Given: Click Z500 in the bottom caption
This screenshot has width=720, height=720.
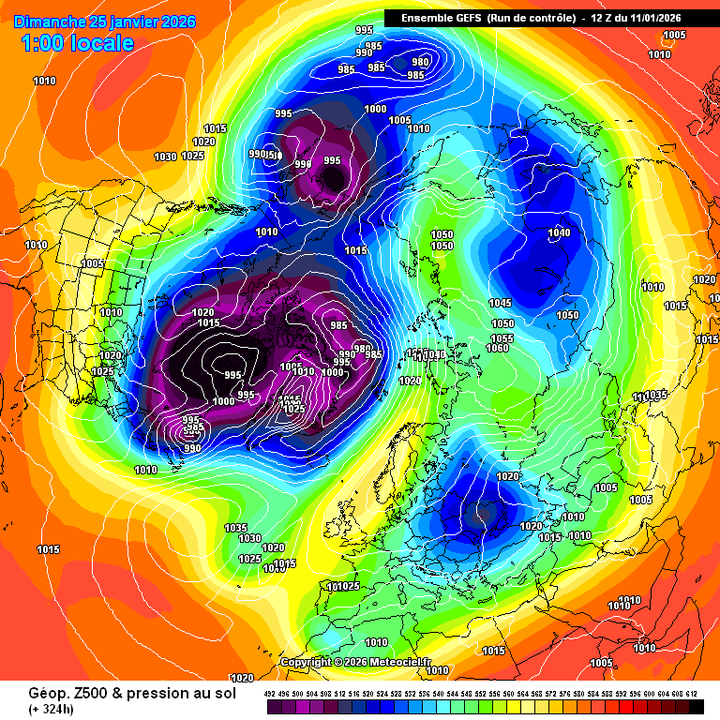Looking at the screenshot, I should (x=70, y=693).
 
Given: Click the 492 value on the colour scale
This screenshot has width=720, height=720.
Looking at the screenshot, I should (x=269, y=694).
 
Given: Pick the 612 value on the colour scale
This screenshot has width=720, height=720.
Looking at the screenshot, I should (x=691, y=694).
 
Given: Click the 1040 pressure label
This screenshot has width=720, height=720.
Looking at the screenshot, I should (x=559, y=232).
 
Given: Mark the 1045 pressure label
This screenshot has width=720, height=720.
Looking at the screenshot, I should (x=500, y=303).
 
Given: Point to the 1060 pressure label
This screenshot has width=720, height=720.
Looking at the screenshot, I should (x=497, y=348).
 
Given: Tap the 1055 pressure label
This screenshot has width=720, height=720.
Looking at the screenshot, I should (x=502, y=337).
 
